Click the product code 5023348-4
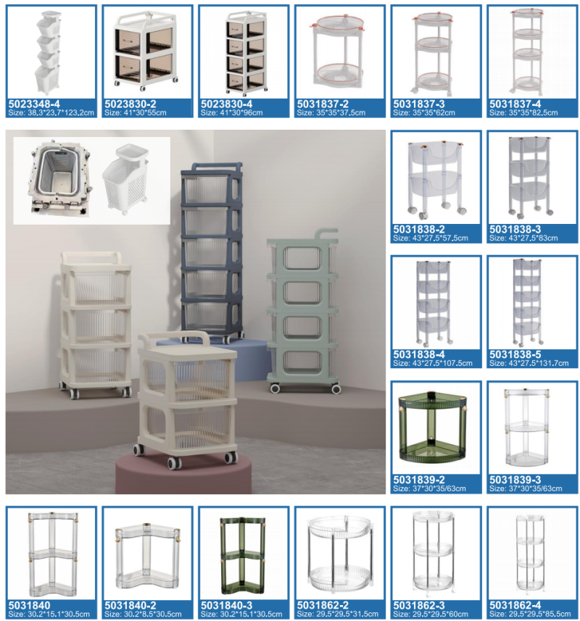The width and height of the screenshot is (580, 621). tap(34, 104)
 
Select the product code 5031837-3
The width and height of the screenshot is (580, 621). tap(419, 104)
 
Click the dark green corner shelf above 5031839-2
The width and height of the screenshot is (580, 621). tap(434, 427)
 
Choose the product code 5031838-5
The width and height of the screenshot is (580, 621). tap(515, 354)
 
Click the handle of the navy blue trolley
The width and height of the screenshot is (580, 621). tap(212, 167)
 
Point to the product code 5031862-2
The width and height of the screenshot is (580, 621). tap(323, 606)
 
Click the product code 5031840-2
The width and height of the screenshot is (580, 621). tap(130, 606)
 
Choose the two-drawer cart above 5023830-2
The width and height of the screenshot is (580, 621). tap(146, 51)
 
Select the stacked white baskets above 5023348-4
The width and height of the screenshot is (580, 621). tap(49, 51)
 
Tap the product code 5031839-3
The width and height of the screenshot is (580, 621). tap(515, 480)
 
